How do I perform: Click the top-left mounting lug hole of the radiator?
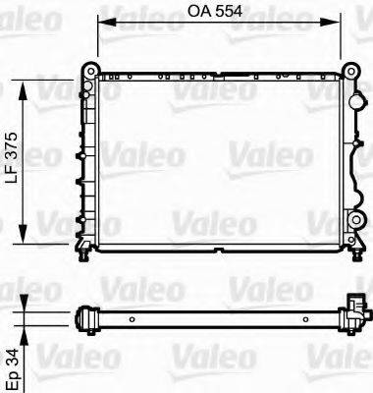[88, 71]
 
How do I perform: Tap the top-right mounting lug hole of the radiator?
[349, 71]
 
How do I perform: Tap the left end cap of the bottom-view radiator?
[84, 317]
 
